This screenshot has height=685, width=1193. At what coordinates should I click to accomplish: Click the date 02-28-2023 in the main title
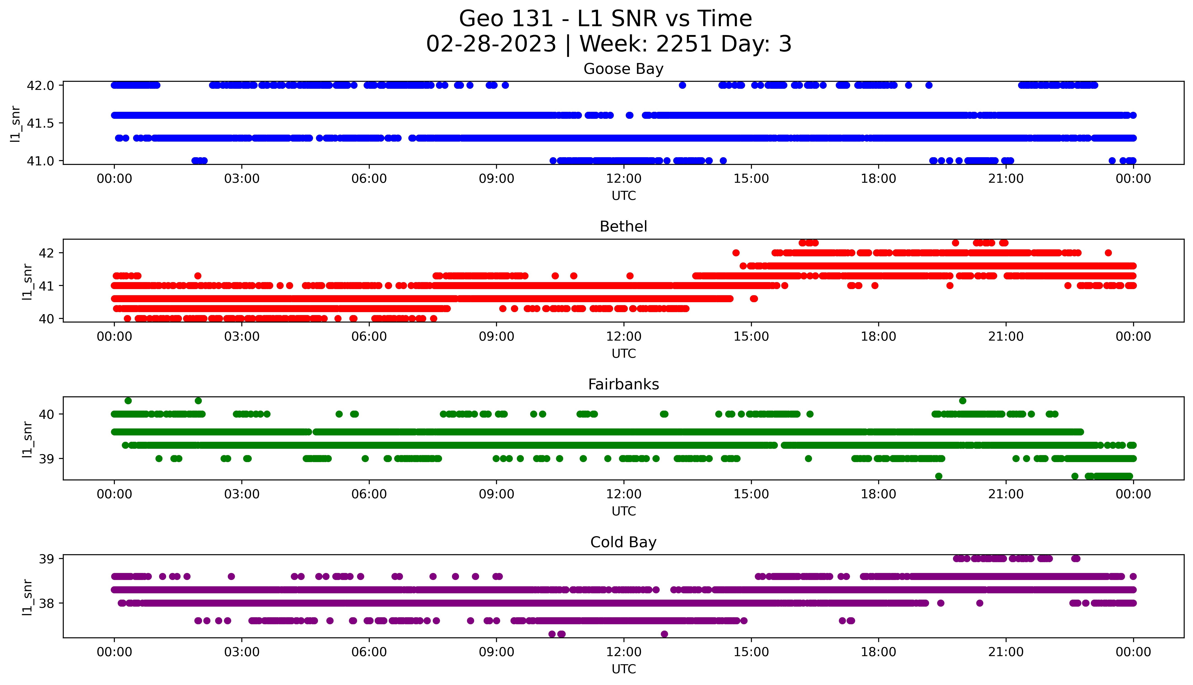[491, 44]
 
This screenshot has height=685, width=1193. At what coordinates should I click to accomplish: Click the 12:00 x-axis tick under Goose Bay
[624, 179]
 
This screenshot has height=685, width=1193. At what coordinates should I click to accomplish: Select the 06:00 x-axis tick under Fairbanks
[369, 494]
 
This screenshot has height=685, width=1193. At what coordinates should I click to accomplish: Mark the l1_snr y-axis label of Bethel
[27, 281]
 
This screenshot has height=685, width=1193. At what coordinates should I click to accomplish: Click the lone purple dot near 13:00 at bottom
[664, 634]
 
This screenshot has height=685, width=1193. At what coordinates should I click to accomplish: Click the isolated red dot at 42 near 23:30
[1108, 253]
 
